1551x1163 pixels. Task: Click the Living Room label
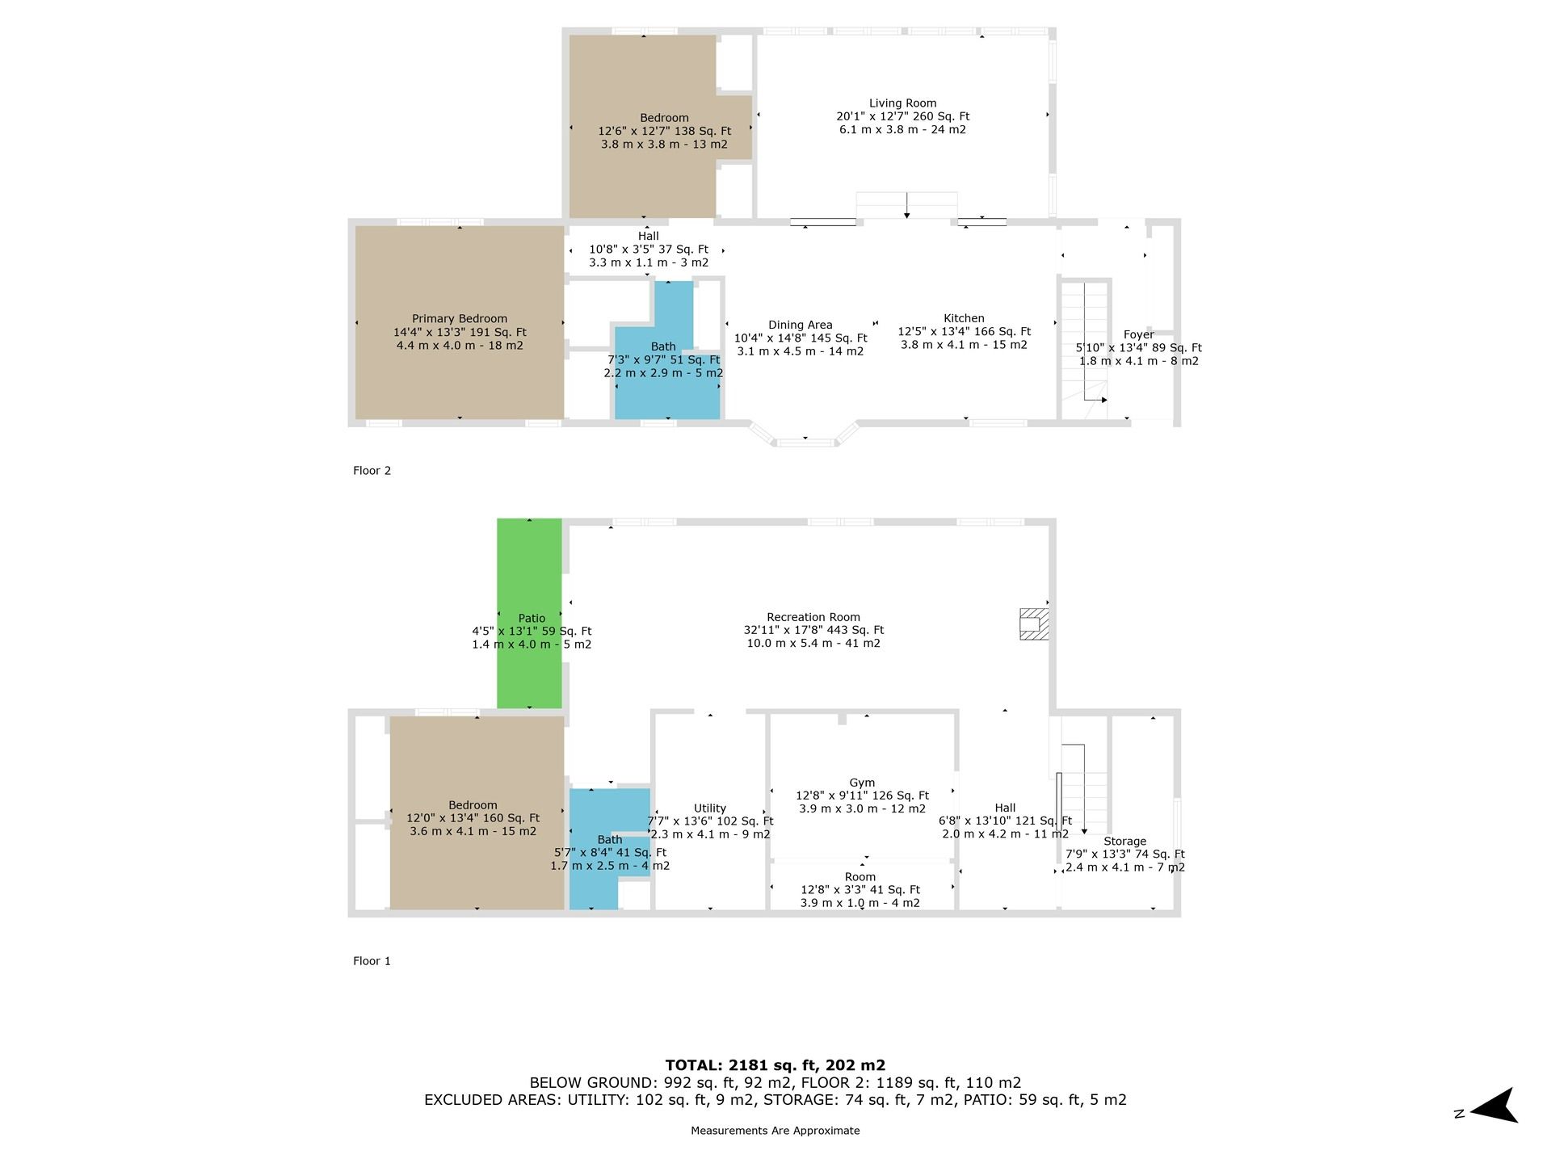pyautogui.click(x=902, y=103)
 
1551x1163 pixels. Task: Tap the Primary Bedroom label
pyautogui.click(x=460, y=319)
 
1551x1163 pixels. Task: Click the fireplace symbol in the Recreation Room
pyautogui.click(x=1034, y=624)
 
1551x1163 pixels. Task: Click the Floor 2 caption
pyautogui.click(x=372, y=471)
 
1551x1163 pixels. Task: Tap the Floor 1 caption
pyautogui.click(x=372, y=961)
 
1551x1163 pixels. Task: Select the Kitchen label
pyautogui.click(x=964, y=318)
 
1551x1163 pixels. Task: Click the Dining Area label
pyautogui.click(x=800, y=325)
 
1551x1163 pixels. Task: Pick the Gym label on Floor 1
pyautogui.click(x=862, y=783)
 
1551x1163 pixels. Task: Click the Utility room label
pyautogui.click(x=710, y=808)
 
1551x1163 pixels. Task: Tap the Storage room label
pyautogui.click(x=1124, y=842)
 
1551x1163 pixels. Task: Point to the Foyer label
pyautogui.click(x=1138, y=335)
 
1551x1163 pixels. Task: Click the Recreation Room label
pyautogui.click(x=813, y=617)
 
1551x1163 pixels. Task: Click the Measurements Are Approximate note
pyautogui.click(x=775, y=1131)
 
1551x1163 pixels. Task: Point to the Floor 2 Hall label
pyautogui.click(x=648, y=237)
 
